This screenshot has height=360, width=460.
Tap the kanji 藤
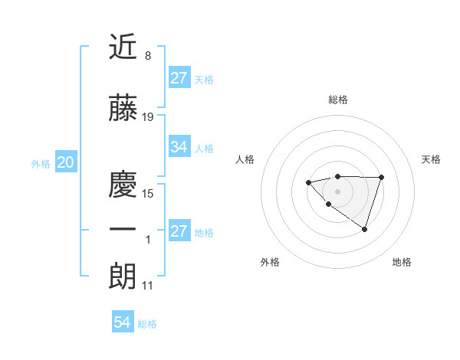(123, 109)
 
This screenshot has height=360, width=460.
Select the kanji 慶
(123, 185)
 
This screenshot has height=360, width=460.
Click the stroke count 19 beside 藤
(148, 117)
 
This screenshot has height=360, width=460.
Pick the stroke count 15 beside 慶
(148, 194)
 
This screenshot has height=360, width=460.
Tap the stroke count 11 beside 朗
(148, 286)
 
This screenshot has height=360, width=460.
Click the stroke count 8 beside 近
(148, 56)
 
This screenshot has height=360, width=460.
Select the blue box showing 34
(179, 147)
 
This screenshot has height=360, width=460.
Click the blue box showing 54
(122, 322)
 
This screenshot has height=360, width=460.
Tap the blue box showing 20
(65, 162)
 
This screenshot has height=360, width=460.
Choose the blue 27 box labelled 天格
(179, 78)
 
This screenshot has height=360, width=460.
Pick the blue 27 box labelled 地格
(179, 231)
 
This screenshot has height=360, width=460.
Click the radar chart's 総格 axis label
(337, 100)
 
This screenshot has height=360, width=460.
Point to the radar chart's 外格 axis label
(270, 262)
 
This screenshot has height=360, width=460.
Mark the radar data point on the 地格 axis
(365, 229)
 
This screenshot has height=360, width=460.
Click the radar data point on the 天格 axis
(382, 178)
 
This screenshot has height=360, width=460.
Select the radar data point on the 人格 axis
(308, 182)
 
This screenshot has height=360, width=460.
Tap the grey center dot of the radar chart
(337, 191)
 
